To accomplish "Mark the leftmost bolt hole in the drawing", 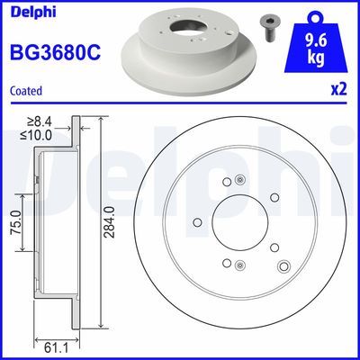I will coord(198,223).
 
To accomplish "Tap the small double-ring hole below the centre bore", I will coord(238,265).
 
